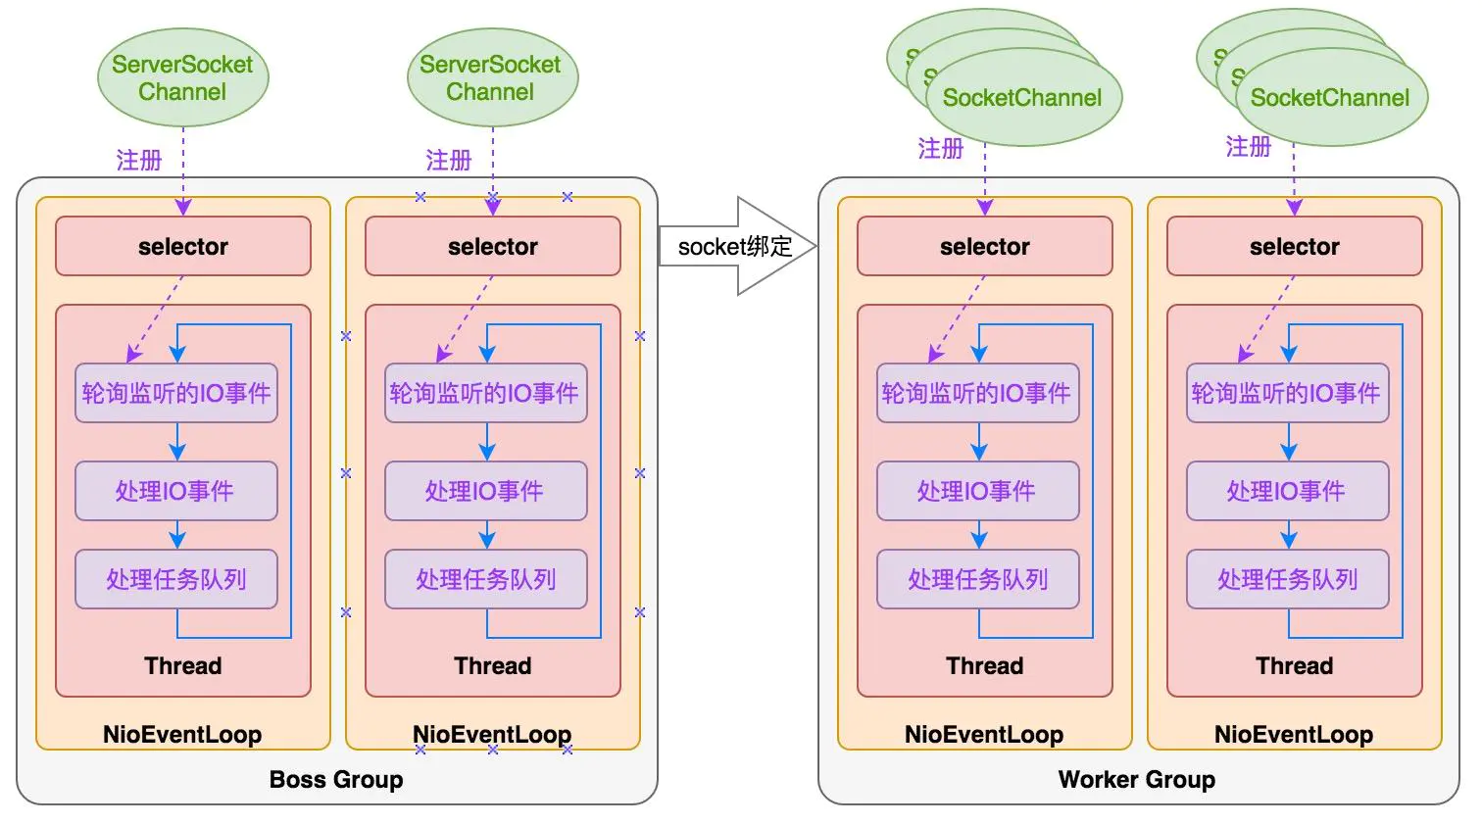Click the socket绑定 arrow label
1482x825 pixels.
[x=734, y=246]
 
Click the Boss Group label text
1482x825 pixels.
[x=336, y=779]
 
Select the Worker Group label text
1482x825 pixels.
[x=1136, y=779]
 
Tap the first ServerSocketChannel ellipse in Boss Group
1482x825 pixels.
[x=182, y=77]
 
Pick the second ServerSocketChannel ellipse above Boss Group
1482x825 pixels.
[x=491, y=77]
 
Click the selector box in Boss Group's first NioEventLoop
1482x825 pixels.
[x=182, y=246]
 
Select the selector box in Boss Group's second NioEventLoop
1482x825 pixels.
[x=492, y=246]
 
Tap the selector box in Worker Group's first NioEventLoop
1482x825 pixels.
[x=984, y=246]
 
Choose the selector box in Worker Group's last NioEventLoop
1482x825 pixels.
[x=1294, y=246]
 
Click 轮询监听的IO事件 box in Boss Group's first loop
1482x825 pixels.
[x=176, y=393]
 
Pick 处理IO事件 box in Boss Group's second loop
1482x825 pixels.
[x=485, y=491]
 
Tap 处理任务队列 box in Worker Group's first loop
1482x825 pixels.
[x=977, y=579]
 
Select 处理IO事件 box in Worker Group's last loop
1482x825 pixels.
[x=1287, y=491]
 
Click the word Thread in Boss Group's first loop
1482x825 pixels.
[x=182, y=665]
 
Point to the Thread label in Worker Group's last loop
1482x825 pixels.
[x=1294, y=665]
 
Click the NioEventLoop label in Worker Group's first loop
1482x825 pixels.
[x=984, y=734]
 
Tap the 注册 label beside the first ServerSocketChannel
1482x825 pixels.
[x=138, y=160]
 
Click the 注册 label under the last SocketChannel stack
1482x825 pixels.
[x=1248, y=147]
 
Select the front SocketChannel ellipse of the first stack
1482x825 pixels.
[x=1022, y=98]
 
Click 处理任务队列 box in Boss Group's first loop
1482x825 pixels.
[x=176, y=579]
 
